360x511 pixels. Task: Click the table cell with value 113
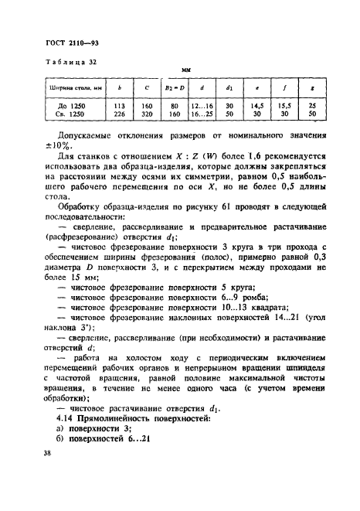[x=119, y=106]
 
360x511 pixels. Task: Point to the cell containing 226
[x=119, y=114]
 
